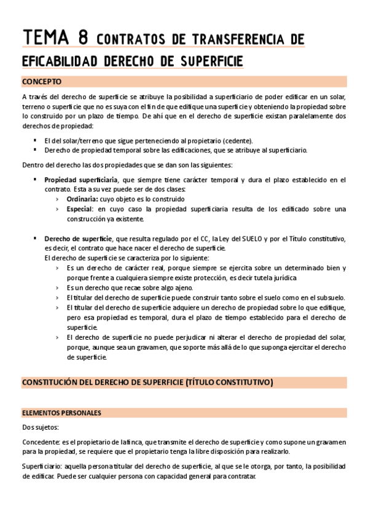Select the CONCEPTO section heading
coord(42,81)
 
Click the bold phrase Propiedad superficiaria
coord(77,180)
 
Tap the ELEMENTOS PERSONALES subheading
coord(61,412)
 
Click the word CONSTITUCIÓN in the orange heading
coord(52,382)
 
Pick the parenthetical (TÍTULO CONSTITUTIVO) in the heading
coord(229,382)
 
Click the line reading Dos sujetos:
coord(38,426)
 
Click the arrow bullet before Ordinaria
coord(57,199)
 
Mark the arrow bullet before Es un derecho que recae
coord(57,287)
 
